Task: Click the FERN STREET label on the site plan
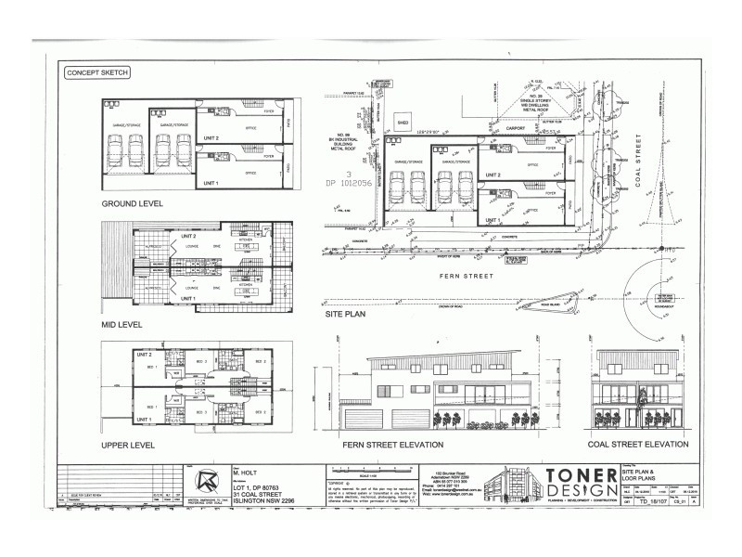click(466, 276)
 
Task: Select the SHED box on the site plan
click(403, 122)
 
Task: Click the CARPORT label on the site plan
click(491, 129)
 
